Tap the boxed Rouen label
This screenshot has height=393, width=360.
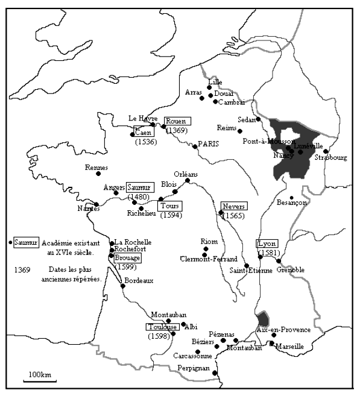click(175, 121)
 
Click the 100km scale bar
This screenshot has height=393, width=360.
click(40, 379)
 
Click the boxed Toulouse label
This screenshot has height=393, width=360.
click(160, 327)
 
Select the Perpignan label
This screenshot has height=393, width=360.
click(193, 368)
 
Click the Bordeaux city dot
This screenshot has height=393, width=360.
click(123, 286)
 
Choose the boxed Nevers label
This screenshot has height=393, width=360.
click(233, 206)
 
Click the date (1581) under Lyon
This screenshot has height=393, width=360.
click(268, 252)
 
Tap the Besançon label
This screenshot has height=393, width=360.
click(292, 203)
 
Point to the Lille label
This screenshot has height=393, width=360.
click(214, 81)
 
